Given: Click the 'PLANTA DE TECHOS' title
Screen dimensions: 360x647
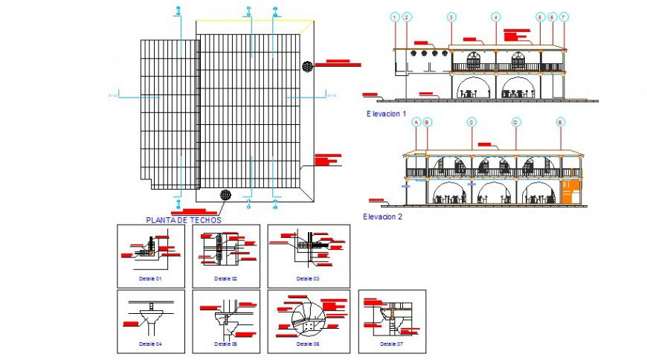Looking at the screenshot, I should (184, 220).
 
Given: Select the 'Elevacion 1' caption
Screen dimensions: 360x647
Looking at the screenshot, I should (386, 114).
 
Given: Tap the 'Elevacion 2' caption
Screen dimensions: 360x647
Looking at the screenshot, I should (382, 216).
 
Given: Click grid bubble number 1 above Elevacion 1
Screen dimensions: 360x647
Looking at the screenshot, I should (395, 16).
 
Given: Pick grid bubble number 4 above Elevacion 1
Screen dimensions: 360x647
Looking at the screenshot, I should (495, 16).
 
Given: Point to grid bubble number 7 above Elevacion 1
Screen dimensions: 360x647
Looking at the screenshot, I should (564, 16).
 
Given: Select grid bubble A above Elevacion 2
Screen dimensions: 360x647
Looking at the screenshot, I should (416, 121).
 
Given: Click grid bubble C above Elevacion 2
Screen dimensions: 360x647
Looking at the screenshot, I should (471, 121).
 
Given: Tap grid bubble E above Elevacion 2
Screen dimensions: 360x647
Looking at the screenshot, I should (561, 121).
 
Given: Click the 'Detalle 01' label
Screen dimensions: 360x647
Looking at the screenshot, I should (150, 278).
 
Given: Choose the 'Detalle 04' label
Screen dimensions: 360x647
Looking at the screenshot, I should (150, 344).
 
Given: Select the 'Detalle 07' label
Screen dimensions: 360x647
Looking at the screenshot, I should (391, 344).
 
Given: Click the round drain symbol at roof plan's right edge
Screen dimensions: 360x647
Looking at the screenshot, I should (306, 66).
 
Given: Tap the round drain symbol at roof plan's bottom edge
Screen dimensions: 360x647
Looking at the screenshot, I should (225, 195).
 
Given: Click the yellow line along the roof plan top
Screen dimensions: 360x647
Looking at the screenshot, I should (253, 21).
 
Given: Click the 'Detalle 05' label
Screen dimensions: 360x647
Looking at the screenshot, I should (225, 344).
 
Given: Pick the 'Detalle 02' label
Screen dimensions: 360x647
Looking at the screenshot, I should (225, 278).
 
